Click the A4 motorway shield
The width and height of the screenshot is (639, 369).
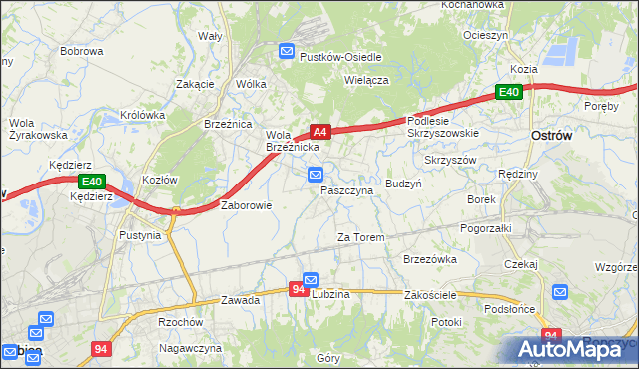pyautogui.click(x=319, y=131)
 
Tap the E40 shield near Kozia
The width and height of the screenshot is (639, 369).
pyautogui.click(x=509, y=93)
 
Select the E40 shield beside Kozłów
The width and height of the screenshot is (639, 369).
pyautogui.click(x=91, y=181)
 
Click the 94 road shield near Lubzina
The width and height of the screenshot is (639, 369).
pyautogui.click(x=298, y=289)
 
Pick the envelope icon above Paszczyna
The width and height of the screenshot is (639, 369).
pyautogui.click(x=316, y=175)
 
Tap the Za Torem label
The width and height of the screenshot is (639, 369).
pyautogui.click(x=360, y=237)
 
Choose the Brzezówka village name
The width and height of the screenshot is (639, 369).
pyautogui.click(x=430, y=258)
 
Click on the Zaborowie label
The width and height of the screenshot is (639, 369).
pyautogui.click(x=246, y=205)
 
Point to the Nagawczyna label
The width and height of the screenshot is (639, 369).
pyautogui.click(x=190, y=348)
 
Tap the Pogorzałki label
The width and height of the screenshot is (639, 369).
pyautogui.click(x=486, y=227)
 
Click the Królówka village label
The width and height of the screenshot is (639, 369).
pyautogui.click(x=142, y=115)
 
